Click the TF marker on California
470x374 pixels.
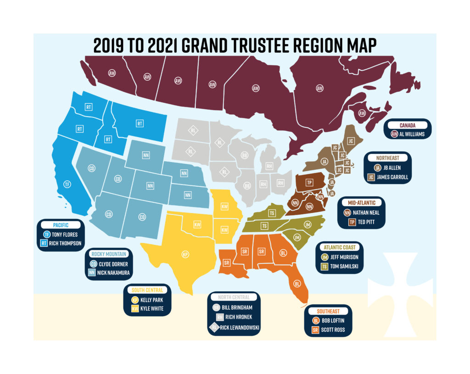click(x=67, y=184)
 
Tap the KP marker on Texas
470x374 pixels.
click(x=185, y=254)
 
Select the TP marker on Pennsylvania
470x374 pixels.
click(x=309, y=182)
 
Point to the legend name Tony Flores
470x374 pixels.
click(x=65, y=234)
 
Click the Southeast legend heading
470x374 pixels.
click(x=328, y=311)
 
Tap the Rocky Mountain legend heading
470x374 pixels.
click(x=109, y=254)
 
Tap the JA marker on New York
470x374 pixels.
click(x=324, y=161)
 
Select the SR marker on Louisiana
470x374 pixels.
click(x=227, y=263)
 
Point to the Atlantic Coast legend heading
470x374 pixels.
click(x=339, y=247)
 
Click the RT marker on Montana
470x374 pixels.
click(x=139, y=123)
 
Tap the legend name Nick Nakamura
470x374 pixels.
click(x=114, y=273)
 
